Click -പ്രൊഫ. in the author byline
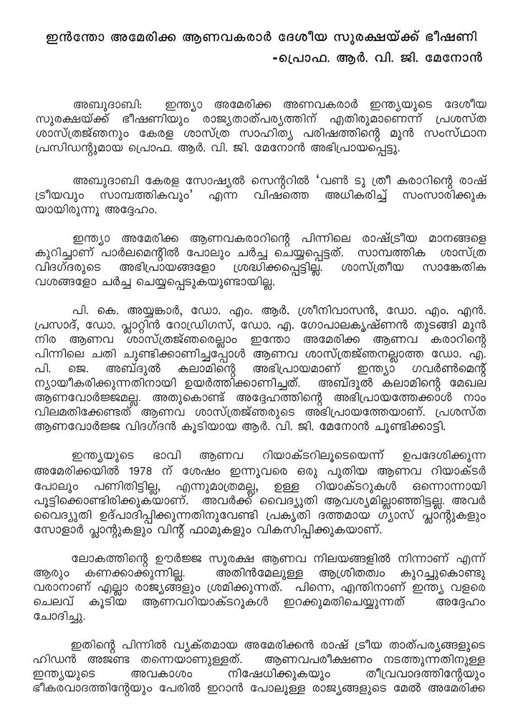pos(288,59)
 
